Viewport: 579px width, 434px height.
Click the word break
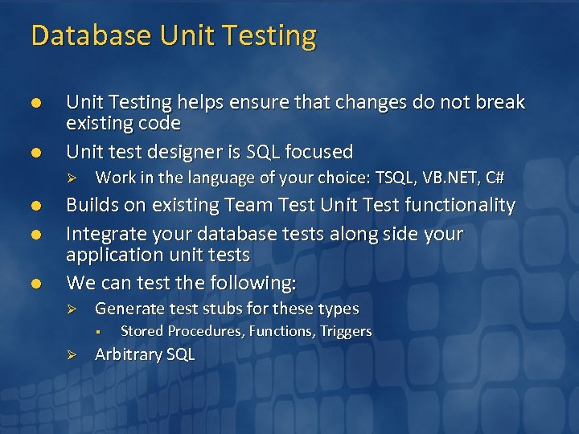[499, 102]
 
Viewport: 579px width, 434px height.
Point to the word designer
[183, 151]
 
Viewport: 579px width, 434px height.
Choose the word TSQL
[396, 178]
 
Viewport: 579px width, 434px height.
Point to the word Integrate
[103, 234]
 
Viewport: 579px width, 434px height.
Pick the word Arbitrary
[128, 354]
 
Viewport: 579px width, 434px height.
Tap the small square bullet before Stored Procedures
[96, 331]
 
